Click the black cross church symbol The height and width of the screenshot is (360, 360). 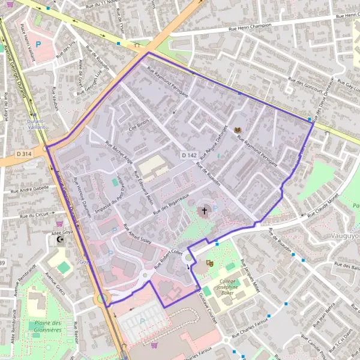pos(204,211)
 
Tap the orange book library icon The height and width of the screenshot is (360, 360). pos(238,130)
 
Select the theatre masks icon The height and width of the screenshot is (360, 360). pos(209,263)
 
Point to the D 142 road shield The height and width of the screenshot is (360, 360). pos(189,155)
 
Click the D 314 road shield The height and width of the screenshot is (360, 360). pos(24,154)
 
